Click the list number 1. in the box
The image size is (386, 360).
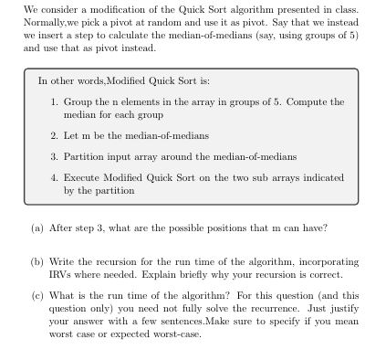coord(55,101)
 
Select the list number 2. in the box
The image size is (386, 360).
coord(55,134)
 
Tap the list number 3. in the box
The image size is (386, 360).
coord(55,156)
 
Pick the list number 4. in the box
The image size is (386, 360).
coord(55,177)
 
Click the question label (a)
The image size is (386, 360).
coord(37,228)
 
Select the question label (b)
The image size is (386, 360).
coord(37,260)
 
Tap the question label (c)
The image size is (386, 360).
coord(37,295)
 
